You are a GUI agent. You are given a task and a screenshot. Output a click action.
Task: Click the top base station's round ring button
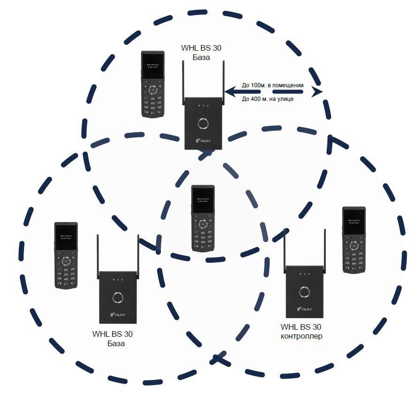(x=204, y=123)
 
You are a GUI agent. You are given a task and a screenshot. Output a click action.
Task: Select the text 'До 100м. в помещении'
(x=272, y=86)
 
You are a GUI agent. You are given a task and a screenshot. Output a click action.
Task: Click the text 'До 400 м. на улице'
(x=267, y=99)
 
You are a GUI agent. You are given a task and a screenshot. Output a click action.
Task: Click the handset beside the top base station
(x=153, y=84)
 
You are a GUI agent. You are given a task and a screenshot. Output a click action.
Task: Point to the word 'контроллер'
(x=301, y=336)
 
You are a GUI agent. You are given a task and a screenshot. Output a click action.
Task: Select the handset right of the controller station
(x=354, y=240)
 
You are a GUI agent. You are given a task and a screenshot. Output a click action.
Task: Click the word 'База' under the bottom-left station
(x=115, y=344)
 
